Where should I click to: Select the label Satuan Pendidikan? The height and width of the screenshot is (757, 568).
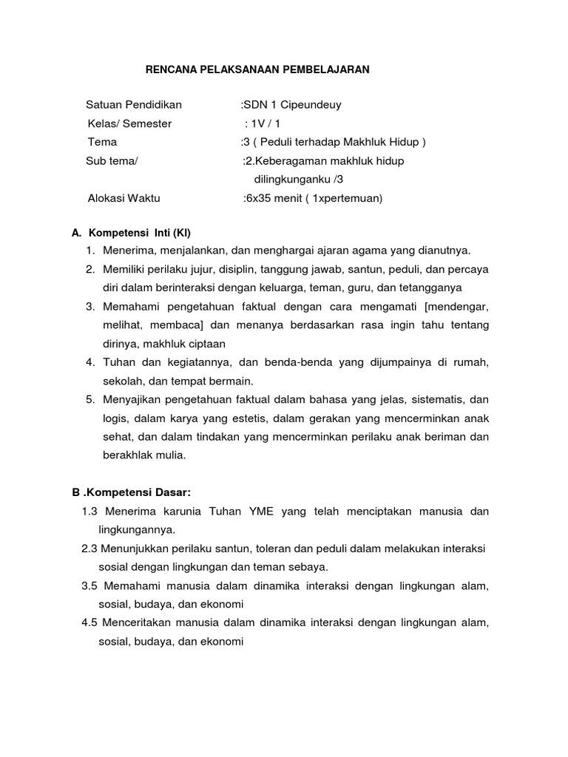(x=134, y=104)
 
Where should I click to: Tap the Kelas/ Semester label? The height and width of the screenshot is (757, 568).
(x=129, y=123)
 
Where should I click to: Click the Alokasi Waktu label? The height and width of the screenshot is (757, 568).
(x=124, y=198)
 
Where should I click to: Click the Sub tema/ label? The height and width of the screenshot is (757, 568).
(x=112, y=160)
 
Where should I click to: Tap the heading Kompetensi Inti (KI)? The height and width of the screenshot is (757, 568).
(x=141, y=232)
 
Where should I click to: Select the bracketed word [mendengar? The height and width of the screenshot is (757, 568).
(x=451, y=306)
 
